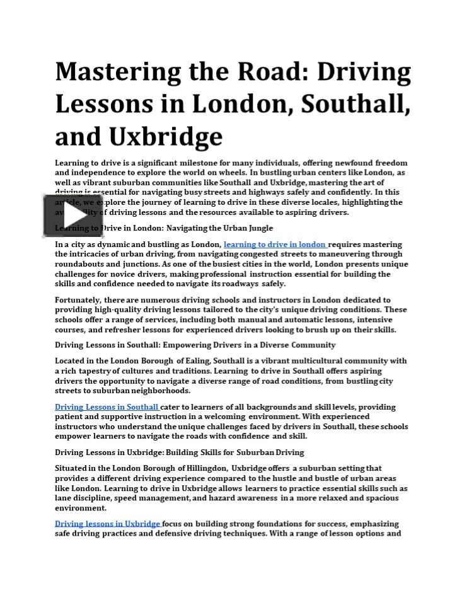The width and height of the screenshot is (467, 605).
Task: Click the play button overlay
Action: [x=73, y=216]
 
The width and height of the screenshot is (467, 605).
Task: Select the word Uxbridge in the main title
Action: [x=165, y=137]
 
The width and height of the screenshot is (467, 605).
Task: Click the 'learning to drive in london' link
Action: [x=275, y=245]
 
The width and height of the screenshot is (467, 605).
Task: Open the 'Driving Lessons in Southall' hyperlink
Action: [x=107, y=407]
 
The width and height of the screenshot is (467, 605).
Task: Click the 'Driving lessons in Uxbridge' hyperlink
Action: [x=108, y=524]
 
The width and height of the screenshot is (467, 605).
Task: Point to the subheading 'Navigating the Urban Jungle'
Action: [x=220, y=228]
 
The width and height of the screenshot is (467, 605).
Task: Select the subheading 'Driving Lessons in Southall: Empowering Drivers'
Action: [x=195, y=345]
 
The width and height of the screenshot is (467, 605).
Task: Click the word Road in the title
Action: [x=259, y=72]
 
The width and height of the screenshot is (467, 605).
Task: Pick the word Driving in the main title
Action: [x=364, y=72]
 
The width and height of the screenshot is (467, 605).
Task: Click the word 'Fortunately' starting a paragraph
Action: [x=78, y=301]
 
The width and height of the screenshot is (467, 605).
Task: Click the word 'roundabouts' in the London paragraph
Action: [x=78, y=265]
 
